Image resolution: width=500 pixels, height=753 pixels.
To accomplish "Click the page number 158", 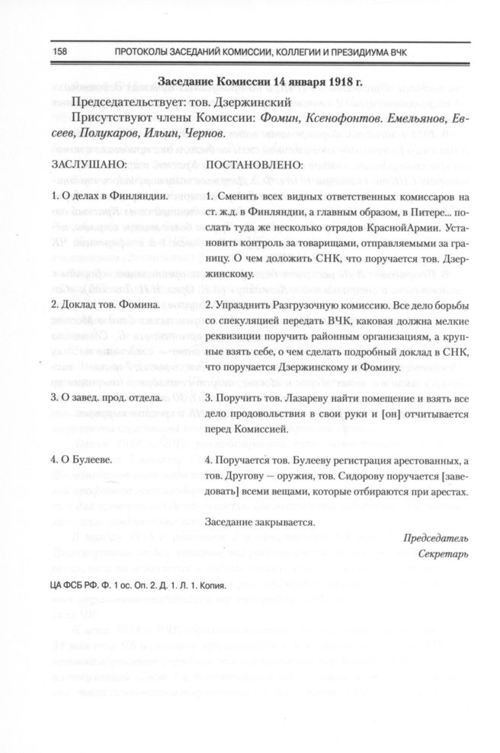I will tap(61, 51).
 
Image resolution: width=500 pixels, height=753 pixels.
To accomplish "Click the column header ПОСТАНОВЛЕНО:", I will tap(255, 164).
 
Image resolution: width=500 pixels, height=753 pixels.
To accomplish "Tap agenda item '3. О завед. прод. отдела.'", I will tap(106, 397).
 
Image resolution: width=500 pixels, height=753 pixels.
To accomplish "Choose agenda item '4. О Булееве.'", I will tap(82, 460).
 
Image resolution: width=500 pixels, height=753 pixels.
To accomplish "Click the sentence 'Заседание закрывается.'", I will tap(260, 523).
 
